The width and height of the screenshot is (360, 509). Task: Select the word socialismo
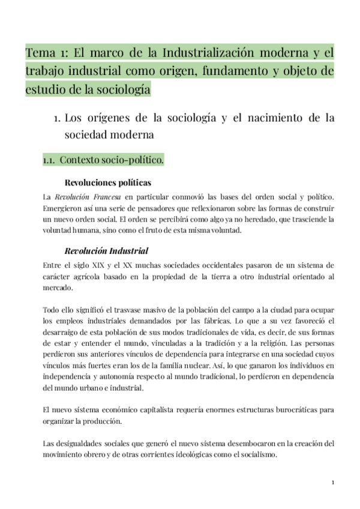[x=256, y=454]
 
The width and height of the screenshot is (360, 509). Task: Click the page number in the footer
[x=332, y=483]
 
